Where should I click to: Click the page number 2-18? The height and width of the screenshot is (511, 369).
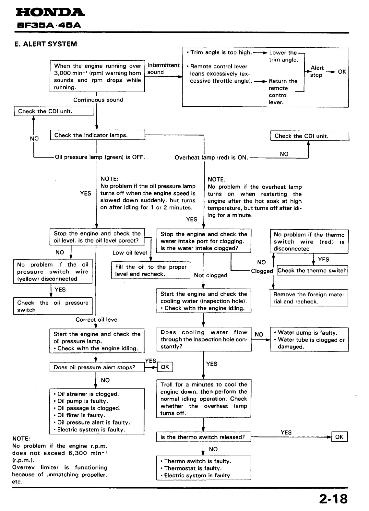pos(333,499)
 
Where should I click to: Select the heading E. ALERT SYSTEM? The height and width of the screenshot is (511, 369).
pos(46,44)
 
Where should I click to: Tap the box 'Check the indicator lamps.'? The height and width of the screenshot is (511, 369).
pos(97,135)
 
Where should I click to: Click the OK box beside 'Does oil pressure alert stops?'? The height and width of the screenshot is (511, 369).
pos(165,367)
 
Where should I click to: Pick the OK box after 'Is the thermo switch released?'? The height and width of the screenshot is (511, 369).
pos(339,437)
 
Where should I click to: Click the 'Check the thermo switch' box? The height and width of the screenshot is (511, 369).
pos(312,270)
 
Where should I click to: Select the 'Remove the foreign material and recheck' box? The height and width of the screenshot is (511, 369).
pos(309,298)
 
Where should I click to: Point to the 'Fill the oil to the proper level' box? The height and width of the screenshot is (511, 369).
pos(150,270)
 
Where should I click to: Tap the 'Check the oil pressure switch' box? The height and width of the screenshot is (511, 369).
pos(53,306)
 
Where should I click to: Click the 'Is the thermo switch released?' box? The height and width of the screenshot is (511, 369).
pos(204,437)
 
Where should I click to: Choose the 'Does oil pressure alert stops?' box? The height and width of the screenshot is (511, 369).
pos(97,367)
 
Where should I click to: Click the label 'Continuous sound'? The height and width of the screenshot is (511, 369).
pos(98,100)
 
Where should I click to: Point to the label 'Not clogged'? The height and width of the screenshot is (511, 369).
pos(210,275)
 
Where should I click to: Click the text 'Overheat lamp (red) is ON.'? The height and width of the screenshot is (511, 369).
pos(211,158)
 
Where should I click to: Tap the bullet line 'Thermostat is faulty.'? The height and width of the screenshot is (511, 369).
pos(193,468)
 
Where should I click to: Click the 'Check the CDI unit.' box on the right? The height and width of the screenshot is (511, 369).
pos(310,136)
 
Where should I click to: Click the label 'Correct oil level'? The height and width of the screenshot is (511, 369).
pos(97,320)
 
